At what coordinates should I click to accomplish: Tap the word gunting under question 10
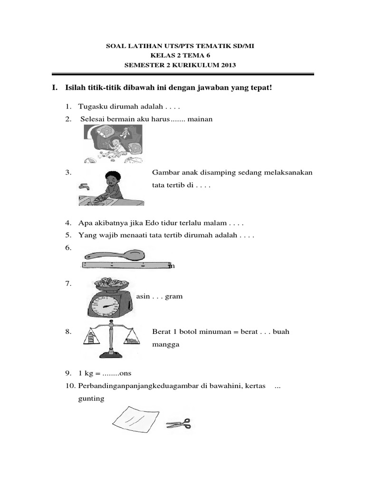tap(91, 398)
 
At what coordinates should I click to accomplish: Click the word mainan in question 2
tap(200, 119)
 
